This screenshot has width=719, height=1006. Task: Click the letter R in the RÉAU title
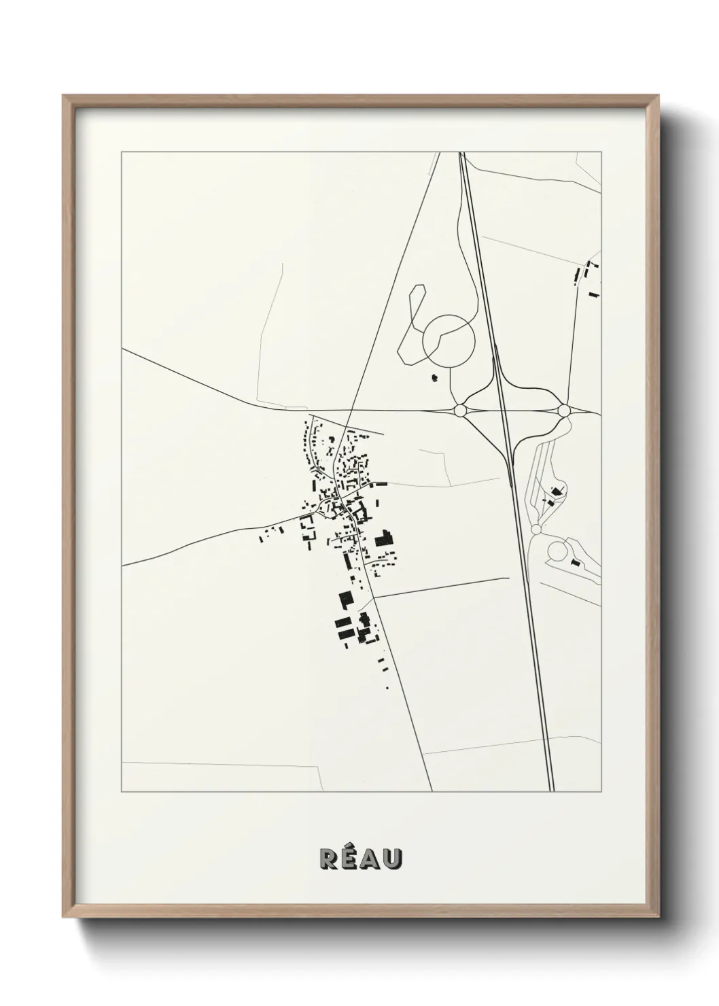pos(329,859)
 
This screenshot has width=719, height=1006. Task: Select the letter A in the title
pos(371,859)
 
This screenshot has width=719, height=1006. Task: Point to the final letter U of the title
pos(393,859)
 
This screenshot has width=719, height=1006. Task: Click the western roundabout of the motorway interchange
pos(460,410)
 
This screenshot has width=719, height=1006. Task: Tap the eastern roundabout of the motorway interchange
pos(563,411)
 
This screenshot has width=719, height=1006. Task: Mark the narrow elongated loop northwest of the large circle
pos(413,319)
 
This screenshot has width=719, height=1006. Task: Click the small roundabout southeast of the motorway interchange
pos(536,529)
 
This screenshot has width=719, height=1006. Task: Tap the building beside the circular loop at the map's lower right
pos(576,562)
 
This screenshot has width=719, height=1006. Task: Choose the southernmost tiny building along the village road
pos(387,688)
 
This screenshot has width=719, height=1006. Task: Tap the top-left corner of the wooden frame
pos(65,97)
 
